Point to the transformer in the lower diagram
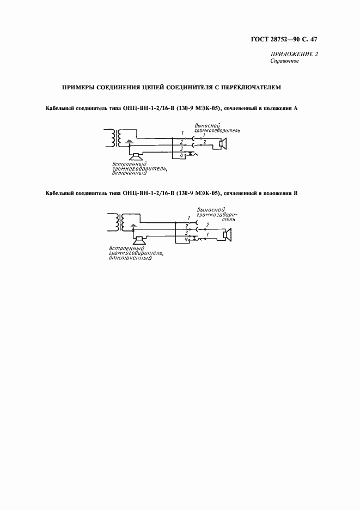119,221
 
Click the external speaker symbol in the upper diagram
222,144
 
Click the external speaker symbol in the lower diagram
228,235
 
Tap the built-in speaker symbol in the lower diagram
139,240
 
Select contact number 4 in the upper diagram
181,156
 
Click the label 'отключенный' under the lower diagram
130,258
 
